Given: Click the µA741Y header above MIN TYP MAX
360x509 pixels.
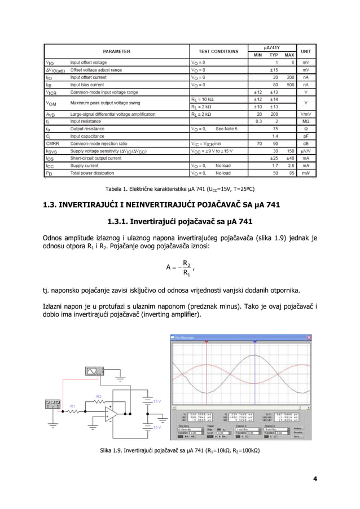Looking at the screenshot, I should click(x=274, y=47).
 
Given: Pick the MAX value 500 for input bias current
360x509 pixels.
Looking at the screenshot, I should click(x=289, y=85).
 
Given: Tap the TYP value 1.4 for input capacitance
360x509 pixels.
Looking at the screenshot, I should click(x=274, y=136).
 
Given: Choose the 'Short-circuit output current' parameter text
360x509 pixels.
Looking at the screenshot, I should click(x=95, y=159).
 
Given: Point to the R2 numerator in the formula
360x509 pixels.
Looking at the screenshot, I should click(x=187, y=264).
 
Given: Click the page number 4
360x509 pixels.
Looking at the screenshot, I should click(x=315, y=479).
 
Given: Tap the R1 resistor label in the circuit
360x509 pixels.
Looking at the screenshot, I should click(x=72, y=406).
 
